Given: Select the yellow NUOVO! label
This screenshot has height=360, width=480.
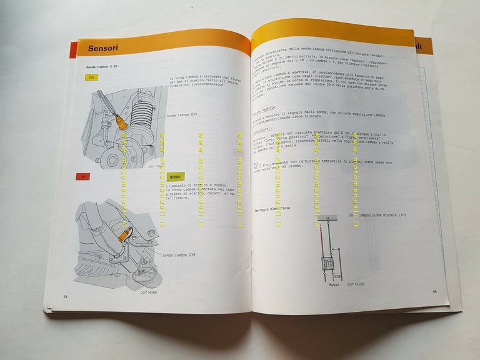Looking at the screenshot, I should coord(179,177).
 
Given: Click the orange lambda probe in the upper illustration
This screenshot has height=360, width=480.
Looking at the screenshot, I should coord(122,123).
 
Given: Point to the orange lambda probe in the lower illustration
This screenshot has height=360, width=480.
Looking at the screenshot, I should coord(125,237).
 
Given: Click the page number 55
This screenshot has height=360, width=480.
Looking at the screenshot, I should coord(434,291).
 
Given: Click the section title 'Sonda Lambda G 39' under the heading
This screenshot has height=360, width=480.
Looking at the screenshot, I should coord(102,66).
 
